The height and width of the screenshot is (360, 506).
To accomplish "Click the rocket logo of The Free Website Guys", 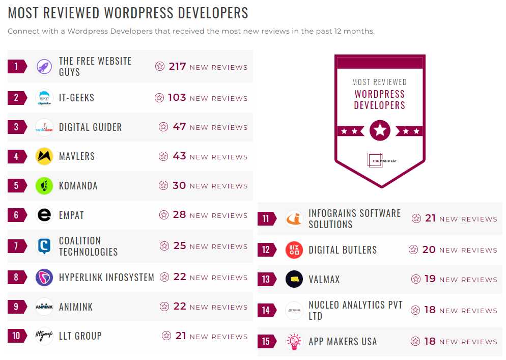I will click(x=44, y=67).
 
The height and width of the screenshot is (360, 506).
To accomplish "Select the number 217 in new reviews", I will click(x=177, y=66).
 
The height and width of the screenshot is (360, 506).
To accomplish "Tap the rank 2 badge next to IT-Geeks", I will click(x=16, y=98).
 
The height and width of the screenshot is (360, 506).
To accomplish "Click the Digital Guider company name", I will click(x=90, y=127).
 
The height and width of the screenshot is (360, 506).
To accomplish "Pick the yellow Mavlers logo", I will click(x=44, y=156).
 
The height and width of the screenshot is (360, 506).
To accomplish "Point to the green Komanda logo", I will click(x=44, y=186).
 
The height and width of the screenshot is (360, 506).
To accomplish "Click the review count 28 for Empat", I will click(x=179, y=214).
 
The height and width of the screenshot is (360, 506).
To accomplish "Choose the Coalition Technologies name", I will click(x=88, y=246).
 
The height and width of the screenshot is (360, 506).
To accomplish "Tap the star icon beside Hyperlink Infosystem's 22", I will click(x=164, y=277).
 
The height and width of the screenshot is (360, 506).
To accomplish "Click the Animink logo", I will click(x=44, y=307).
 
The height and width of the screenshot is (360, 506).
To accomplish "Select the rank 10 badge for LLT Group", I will click(x=16, y=336).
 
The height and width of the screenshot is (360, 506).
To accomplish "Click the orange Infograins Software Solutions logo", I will click(x=294, y=219).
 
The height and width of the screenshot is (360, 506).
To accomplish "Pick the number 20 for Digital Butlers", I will click(x=429, y=250).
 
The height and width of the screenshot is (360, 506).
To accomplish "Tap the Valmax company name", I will click(x=324, y=280).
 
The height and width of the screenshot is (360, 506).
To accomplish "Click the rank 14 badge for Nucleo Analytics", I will click(x=266, y=310).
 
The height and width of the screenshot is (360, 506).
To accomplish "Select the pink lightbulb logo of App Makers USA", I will click(x=294, y=341).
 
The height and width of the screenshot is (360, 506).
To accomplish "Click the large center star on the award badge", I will click(x=380, y=131).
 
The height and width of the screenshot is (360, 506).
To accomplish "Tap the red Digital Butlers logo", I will click(x=294, y=250).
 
